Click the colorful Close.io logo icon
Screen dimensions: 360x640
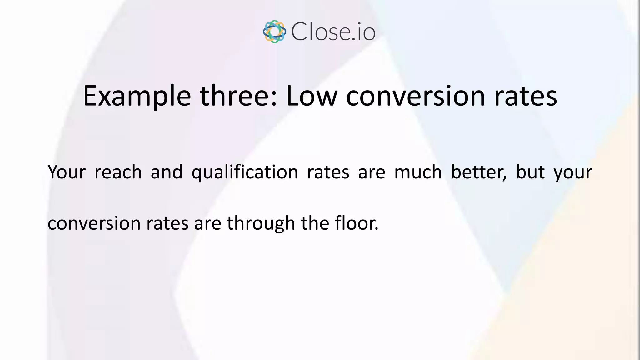274,32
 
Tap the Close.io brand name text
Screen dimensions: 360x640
333,32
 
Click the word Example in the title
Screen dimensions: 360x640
137,96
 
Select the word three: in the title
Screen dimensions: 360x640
238,96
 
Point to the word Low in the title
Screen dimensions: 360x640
312,96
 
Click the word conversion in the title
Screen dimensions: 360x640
416,96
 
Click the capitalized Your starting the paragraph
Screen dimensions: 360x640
67,172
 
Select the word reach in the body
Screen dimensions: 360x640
118,172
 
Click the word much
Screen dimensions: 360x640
418,172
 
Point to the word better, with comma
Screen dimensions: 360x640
479,172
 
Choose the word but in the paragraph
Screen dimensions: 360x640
530,172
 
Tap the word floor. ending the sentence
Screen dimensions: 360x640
357,223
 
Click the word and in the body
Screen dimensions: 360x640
167,172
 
